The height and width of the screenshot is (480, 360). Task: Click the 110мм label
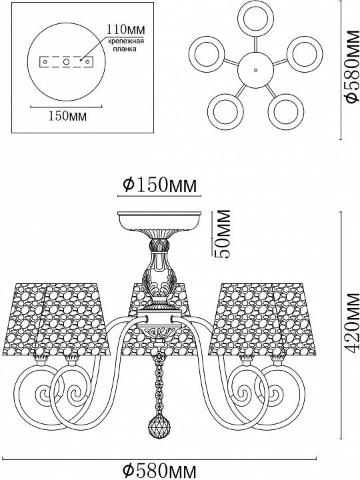125,29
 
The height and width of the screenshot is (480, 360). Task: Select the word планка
125,49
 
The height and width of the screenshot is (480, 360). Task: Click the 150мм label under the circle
67,116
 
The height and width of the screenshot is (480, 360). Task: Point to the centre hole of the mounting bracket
66,62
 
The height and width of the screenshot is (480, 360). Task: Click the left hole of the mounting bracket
45,62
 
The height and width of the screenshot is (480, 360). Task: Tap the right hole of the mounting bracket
87,62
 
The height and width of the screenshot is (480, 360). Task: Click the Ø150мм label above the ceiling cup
159,185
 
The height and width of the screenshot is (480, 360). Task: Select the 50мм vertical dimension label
221,233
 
